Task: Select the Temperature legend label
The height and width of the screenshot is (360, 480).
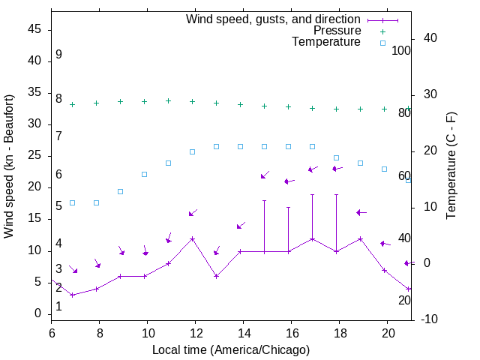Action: (326, 42)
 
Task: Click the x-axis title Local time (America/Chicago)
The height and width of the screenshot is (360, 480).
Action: (231, 349)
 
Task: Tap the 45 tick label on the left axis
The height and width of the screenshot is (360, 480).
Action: (34, 29)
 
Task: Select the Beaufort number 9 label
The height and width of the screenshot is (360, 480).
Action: (58, 55)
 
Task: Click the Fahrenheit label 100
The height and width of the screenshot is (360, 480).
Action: (401, 50)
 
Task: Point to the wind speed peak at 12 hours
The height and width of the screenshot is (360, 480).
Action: (193, 238)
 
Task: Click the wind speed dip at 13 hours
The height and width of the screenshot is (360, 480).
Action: (217, 276)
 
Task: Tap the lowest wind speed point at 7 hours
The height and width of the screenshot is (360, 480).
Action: (73, 295)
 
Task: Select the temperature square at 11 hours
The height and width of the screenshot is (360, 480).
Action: (169, 163)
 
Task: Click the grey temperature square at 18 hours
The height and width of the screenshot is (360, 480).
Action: (337, 157)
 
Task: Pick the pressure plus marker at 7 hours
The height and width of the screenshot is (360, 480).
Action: (73, 104)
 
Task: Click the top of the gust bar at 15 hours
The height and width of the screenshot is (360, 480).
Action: (265, 200)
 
